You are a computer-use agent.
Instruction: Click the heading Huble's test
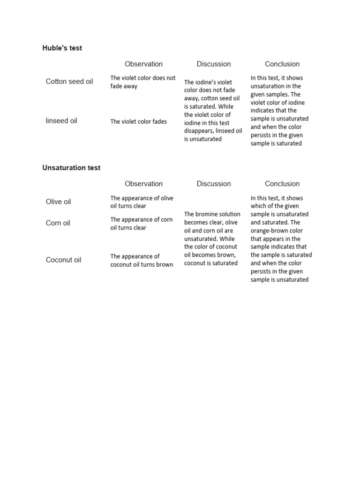coord(62,48)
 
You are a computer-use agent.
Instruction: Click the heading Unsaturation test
coord(71,168)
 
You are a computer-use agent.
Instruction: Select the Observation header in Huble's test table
coord(143,64)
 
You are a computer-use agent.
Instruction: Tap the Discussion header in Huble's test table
coord(214,64)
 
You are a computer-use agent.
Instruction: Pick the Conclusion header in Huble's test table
coord(282,64)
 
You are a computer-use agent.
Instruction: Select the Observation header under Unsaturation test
coord(143,184)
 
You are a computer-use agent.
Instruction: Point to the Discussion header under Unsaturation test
coord(214,184)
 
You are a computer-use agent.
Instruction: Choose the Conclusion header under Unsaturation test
coord(282,184)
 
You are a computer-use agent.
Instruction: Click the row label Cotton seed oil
coord(69,82)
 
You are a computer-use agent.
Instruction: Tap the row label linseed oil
coord(61,121)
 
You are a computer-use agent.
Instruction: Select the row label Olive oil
coord(59,202)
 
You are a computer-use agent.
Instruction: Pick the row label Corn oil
coord(58,223)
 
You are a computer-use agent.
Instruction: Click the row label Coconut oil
coord(63,260)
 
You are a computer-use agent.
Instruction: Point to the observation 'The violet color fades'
coord(138,121)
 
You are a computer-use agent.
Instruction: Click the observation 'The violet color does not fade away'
coord(142,82)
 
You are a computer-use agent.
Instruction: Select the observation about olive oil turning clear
coord(142,202)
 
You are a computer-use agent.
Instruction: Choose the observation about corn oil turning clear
coord(141,224)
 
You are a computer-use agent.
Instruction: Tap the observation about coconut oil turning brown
coord(142,260)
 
